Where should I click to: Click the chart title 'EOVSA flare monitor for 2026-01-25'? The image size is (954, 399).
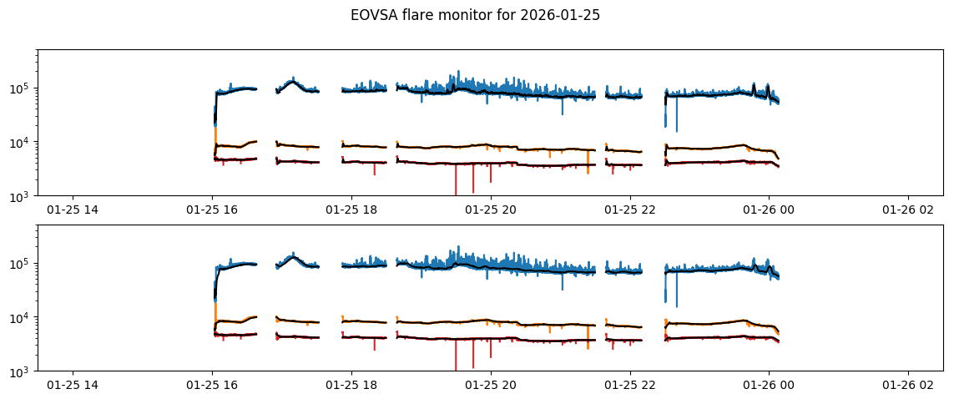[x=475, y=15]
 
